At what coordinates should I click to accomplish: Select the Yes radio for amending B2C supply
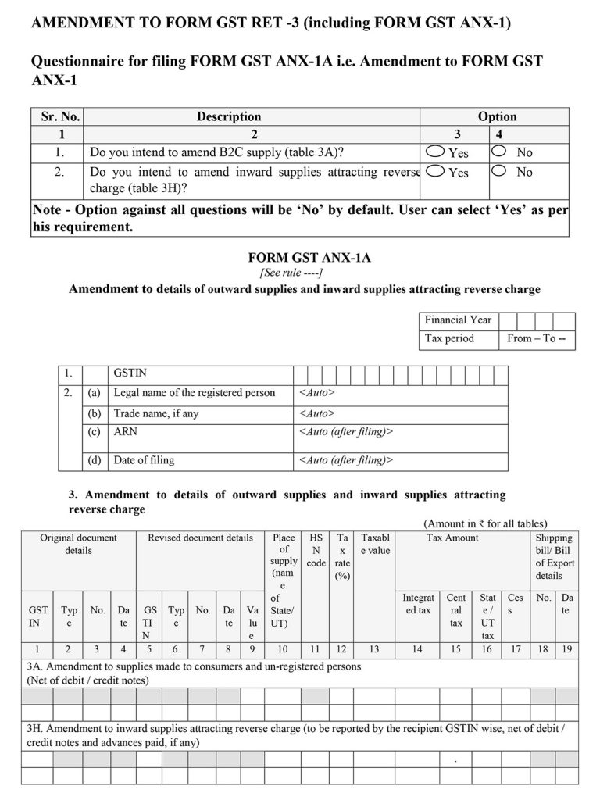pos(437,152)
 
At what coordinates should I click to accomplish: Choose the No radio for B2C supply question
pos(499,152)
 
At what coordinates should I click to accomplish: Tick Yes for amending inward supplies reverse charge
pos(437,170)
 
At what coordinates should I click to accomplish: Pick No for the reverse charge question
pos(499,170)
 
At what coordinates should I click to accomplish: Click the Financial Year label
pos(458,320)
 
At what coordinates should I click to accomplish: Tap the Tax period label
pos(449,339)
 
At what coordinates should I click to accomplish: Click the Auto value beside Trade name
pos(317,413)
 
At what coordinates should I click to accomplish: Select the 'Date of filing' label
pos(145,460)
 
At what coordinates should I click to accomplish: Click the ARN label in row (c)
pos(125,431)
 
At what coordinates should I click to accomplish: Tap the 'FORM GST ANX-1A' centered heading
pos(315,257)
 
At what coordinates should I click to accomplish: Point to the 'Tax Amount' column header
pos(452,538)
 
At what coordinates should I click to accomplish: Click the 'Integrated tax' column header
pos(418,604)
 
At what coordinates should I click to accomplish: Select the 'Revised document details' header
pos(200,538)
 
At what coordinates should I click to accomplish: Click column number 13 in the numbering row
pos(373,648)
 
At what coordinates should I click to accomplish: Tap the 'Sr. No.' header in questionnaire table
pos(59,116)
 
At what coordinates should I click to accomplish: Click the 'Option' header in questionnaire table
pos(497,116)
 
